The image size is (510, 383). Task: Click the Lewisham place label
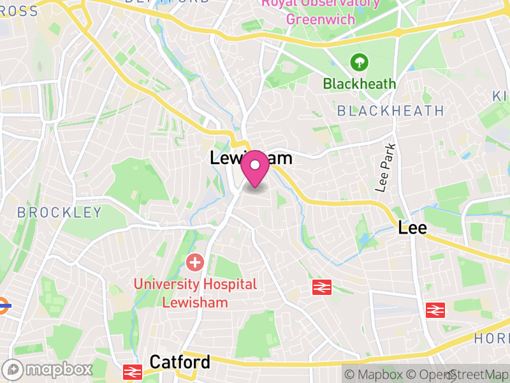coord(251,158)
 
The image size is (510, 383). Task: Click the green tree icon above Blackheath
coord(360,63)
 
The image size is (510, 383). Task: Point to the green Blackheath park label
coord(360,84)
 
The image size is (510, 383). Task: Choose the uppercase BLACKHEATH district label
coord(390,110)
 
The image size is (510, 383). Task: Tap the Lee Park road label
coord(385,167)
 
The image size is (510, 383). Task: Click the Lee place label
coord(412,227)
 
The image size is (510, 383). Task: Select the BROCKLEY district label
coord(59,213)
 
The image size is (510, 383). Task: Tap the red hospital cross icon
coord(194,262)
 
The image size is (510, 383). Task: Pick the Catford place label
coord(179,363)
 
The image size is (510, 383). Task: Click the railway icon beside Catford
coord(133,371)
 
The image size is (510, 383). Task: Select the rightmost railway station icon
coord(435,310)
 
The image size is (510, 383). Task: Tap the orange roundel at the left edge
coord(4,305)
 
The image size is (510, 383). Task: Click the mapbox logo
coord(48,370)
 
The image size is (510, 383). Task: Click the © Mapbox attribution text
coord(374,375)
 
